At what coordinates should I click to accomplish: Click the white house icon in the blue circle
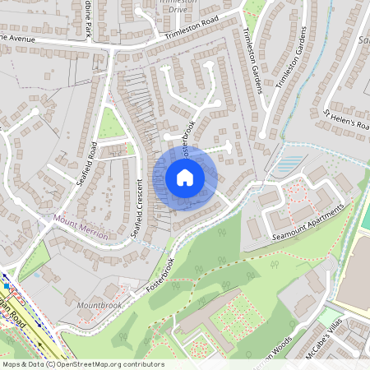185,177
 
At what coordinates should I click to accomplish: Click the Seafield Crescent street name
136,210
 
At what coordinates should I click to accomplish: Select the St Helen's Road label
346,120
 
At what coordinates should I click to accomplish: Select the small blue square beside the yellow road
7,286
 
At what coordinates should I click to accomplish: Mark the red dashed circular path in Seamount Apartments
297,197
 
